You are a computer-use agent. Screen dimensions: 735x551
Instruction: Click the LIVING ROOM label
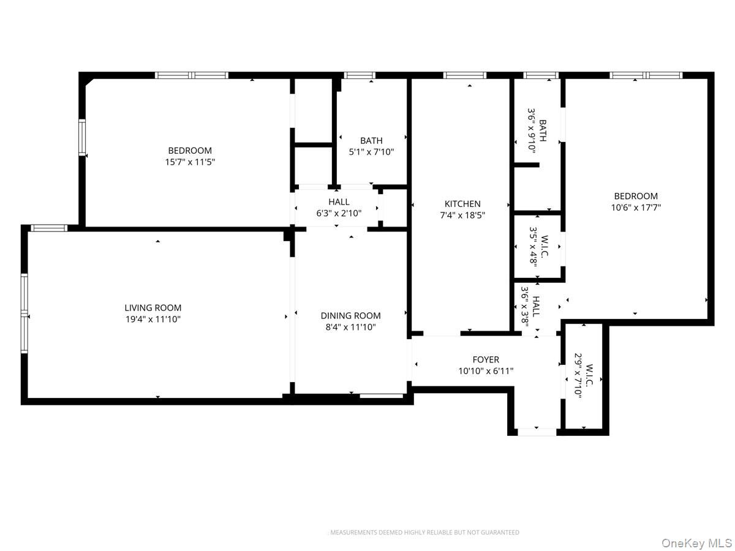click(x=153, y=307)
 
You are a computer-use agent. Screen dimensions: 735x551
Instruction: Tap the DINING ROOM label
click(x=350, y=315)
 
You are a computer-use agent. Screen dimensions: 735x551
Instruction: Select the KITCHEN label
click(x=462, y=203)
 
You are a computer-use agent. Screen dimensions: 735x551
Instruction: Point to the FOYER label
click(x=486, y=359)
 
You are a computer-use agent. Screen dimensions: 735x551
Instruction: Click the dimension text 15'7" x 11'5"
click(x=190, y=162)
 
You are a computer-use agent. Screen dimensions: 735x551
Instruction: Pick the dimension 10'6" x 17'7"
click(x=636, y=208)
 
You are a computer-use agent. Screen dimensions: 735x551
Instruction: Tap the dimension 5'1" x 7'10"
click(x=371, y=152)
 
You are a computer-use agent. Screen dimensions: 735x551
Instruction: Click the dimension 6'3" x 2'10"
click(x=339, y=213)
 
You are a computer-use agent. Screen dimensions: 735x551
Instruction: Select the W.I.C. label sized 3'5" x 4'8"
click(x=544, y=246)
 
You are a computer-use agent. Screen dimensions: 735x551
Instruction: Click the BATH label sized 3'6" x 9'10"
click(x=543, y=130)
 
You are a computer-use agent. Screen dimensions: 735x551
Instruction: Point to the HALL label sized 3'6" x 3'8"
click(x=536, y=306)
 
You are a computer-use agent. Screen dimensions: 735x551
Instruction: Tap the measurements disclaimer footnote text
click(x=424, y=532)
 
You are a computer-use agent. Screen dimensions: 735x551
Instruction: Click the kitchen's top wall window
click(x=464, y=75)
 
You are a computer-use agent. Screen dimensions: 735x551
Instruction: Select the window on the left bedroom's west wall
click(x=81, y=137)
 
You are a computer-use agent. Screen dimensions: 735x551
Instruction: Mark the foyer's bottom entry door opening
click(x=537, y=432)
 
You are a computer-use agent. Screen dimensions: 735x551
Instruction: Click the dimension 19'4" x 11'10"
click(x=153, y=319)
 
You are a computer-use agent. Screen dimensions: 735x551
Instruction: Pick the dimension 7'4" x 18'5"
click(x=462, y=215)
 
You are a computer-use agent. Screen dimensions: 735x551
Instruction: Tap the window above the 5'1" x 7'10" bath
click(x=360, y=75)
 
